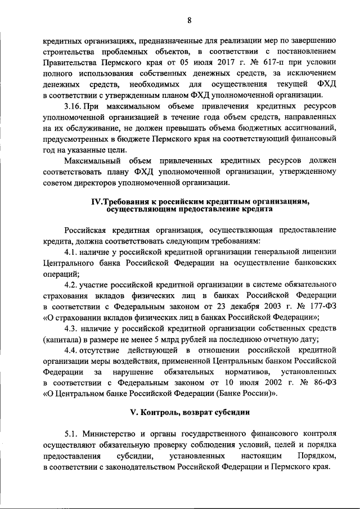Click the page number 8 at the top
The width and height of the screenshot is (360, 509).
click(190, 21)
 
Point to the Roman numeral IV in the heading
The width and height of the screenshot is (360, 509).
click(97, 201)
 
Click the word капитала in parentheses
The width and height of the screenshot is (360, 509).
click(64, 339)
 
